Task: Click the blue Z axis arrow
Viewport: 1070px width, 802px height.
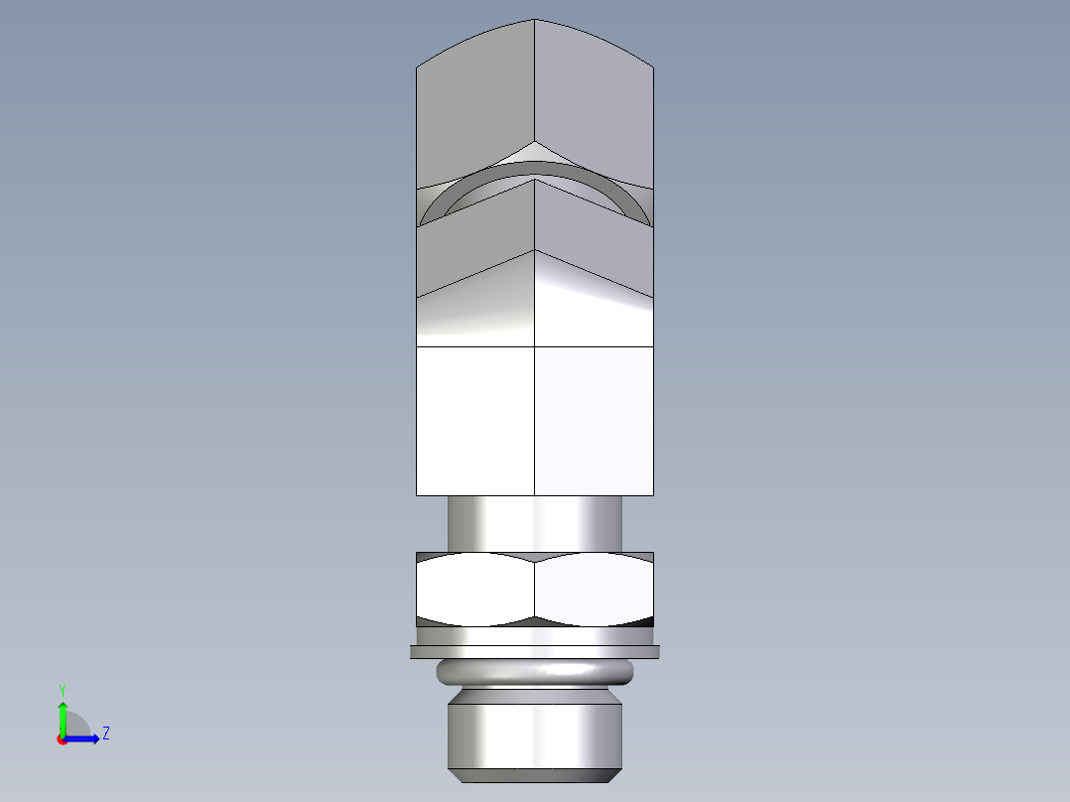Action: (x=86, y=737)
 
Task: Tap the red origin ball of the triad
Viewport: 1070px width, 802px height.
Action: (x=63, y=739)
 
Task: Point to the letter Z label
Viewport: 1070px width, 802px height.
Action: (x=105, y=734)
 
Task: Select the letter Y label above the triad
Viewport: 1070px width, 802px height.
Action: (x=62, y=689)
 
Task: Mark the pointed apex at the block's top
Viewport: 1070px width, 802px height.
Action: (x=535, y=20)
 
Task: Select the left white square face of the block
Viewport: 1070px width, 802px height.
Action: (x=474, y=421)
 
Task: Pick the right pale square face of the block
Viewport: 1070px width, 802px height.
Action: (x=594, y=421)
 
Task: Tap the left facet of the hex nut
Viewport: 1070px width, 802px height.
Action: (x=474, y=590)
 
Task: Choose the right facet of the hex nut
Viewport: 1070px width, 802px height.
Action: (x=594, y=590)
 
